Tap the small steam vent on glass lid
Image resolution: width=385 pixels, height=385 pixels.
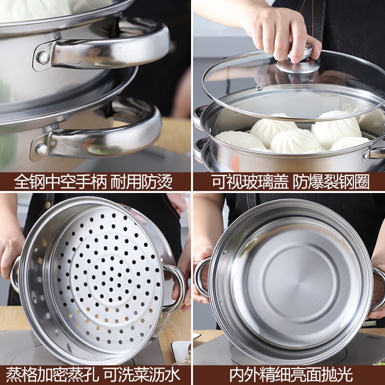(258, 88)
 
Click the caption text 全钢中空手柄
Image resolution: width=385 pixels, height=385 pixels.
(60, 181)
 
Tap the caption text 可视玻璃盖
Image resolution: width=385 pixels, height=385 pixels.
(250, 181)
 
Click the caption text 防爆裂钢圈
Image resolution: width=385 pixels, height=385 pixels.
(332, 181)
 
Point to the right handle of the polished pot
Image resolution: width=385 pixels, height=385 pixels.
(378, 289)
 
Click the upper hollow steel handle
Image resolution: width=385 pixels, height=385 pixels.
(111, 46)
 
